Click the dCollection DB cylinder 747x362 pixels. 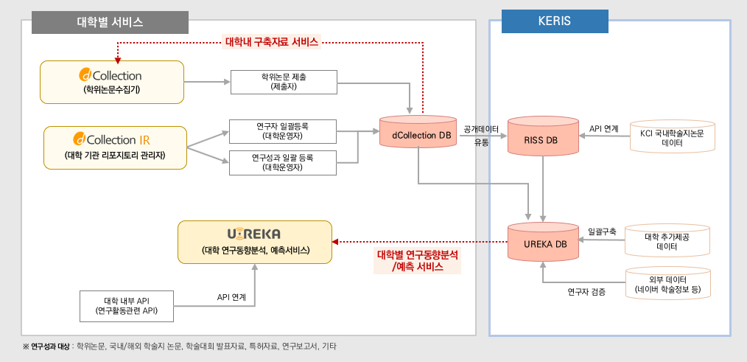click(418, 135)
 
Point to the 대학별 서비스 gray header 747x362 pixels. click(111, 22)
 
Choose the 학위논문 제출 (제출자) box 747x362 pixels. click(284, 81)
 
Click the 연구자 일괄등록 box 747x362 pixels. click(283, 130)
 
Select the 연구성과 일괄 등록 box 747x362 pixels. click(283, 162)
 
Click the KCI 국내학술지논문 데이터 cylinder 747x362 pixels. click(672, 137)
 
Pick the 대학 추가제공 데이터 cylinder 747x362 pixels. click(667, 242)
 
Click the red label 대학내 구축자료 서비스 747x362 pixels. click(271, 42)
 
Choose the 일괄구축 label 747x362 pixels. click(601, 231)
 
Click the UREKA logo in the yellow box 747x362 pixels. click(254, 234)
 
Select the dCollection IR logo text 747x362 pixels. click(115, 139)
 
